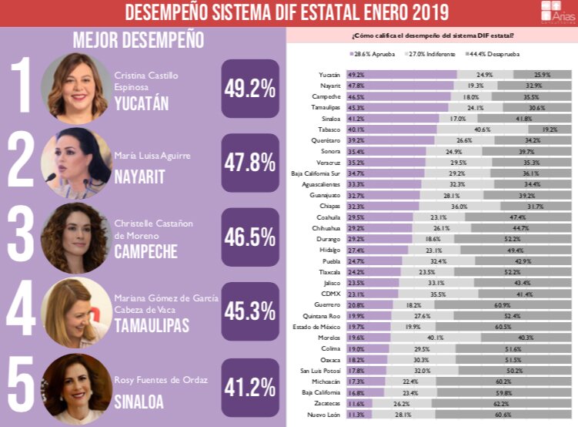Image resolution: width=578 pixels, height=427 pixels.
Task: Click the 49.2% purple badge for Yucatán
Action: pos(249,89)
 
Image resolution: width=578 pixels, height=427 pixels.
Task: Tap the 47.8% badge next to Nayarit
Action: pos(249,163)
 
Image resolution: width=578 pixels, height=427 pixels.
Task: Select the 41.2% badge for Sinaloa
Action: pos(249,385)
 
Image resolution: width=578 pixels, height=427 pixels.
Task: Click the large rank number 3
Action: pos(21,237)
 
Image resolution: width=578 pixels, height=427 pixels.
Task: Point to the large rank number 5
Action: pos(21,386)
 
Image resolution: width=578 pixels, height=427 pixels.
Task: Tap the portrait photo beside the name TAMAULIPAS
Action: pos(75,311)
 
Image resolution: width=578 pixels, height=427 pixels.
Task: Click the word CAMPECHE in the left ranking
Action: pos(145,251)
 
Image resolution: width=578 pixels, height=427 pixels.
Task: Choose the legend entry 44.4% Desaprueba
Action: pos(480,54)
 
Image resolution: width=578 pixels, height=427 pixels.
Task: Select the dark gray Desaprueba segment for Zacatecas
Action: pos(501,403)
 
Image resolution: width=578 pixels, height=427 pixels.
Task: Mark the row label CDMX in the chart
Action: pos(332,294)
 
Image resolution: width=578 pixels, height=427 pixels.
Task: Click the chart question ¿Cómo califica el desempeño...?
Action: pos(433,35)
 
